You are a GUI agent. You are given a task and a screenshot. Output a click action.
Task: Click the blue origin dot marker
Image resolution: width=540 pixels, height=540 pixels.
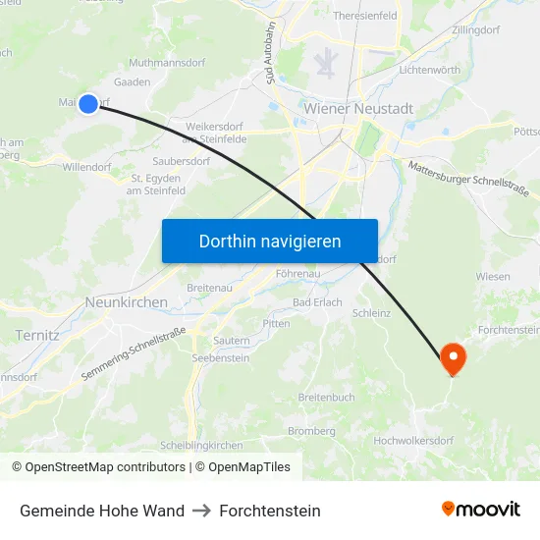coord(88,103)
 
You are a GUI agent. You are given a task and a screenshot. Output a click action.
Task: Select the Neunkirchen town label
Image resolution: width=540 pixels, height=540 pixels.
coord(127,303)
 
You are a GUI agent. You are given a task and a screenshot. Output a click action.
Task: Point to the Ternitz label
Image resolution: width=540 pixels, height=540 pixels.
coord(37,335)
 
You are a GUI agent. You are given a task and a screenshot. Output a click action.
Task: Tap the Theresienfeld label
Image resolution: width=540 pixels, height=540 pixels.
coord(365,17)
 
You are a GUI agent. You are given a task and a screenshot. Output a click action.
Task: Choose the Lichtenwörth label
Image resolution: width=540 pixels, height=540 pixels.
coord(430,71)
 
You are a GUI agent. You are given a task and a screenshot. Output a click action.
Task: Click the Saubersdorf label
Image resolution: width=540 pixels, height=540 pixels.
coord(182,160)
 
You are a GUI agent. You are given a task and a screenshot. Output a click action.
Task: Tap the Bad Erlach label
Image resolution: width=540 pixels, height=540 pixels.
coord(317,302)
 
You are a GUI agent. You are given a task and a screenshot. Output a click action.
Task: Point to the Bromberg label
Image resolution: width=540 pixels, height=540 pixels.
coord(311,431)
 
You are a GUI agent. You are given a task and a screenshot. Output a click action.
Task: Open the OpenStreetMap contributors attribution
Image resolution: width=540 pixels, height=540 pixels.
coord(105,467)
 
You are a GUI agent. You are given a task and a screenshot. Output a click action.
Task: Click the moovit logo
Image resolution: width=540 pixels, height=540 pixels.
coord(480,510)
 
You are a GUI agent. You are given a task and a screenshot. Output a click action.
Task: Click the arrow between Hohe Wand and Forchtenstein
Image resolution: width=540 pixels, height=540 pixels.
coord(201,511)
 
